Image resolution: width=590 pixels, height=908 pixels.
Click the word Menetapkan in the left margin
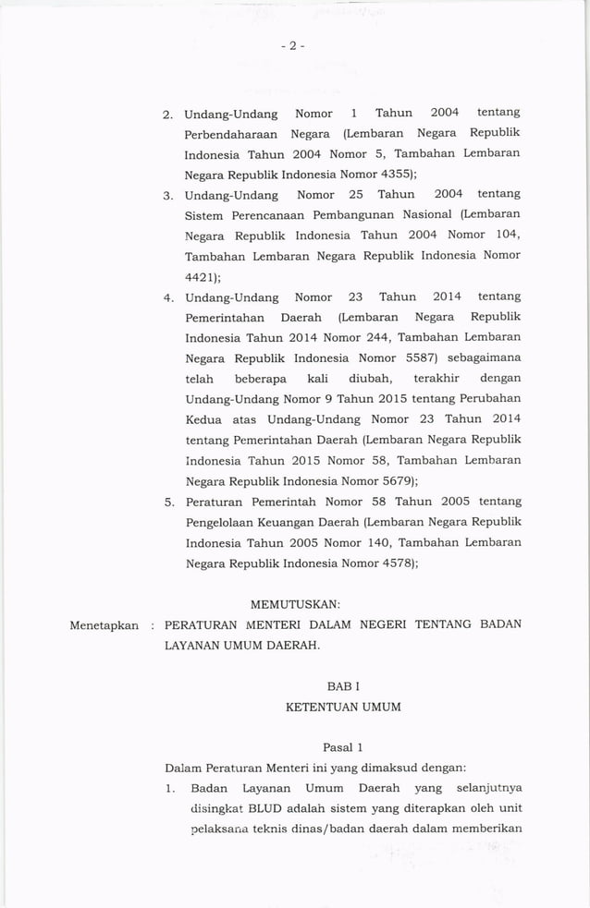point(104,625)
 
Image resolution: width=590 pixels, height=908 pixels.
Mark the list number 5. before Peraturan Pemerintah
point(170,502)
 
